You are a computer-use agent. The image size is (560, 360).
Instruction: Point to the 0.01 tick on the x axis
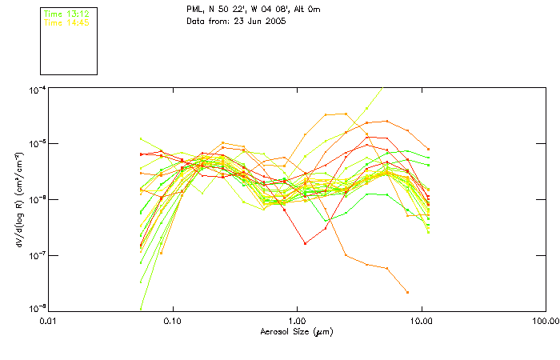tap(48, 321)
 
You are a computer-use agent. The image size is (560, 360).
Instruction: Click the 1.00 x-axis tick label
tap(297, 321)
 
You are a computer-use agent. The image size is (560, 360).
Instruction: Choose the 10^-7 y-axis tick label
tap(37, 255)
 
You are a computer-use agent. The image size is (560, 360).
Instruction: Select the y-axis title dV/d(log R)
tap(19, 198)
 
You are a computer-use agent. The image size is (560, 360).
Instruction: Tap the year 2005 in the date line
tap(274, 21)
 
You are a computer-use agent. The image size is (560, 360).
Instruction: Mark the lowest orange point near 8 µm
tap(407, 292)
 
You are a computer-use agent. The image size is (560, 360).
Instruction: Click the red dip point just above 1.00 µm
tap(305, 243)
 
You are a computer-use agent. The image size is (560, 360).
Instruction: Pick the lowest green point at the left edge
tap(141, 308)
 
